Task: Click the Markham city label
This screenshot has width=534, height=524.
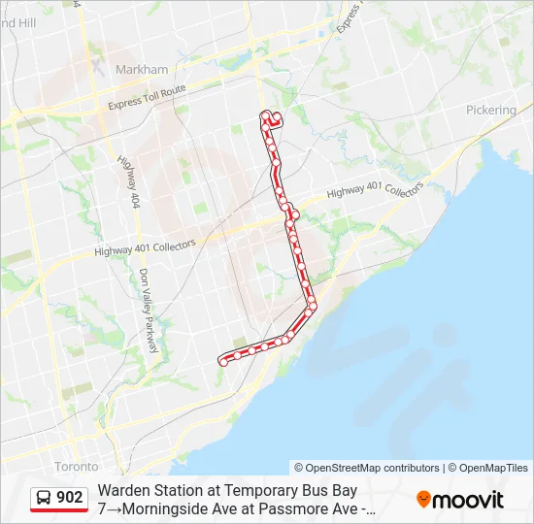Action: point(142,70)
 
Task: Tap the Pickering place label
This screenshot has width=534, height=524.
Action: point(490,111)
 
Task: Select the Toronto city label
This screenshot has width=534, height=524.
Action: point(77,467)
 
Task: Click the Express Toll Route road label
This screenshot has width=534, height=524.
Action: point(147,98)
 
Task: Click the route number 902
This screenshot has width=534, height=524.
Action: point(70,498)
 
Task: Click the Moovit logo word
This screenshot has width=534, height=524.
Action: point(468,500)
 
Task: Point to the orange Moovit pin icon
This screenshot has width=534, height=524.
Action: point(423,500)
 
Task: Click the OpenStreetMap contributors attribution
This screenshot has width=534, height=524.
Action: point(367,468)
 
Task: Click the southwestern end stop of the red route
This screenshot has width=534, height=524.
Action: point(222,361)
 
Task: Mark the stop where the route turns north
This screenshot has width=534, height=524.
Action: point(313,308)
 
